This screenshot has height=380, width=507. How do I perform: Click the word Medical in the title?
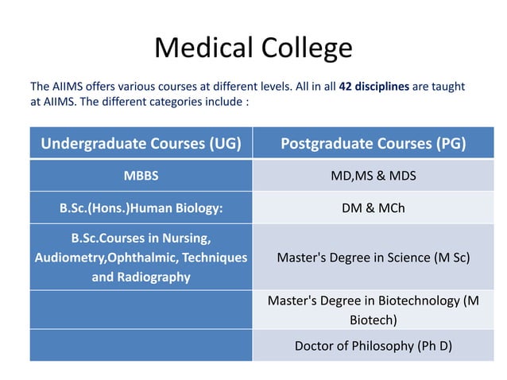(x=201, y=48)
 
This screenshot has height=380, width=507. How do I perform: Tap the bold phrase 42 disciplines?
(x=374, y=86)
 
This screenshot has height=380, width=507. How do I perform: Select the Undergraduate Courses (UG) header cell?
(x=141, y=144)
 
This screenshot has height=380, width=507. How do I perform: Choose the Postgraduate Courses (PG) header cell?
(x=373, y=144)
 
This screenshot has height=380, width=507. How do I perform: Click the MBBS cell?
(x=141, y=176)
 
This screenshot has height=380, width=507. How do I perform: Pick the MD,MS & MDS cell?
(x=373, y=176)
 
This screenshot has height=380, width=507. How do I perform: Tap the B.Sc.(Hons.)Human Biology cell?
(x=141, y=207)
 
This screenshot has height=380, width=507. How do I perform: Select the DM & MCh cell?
(x=373, y=207)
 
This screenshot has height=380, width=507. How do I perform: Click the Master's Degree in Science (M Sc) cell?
(x=373, y=258)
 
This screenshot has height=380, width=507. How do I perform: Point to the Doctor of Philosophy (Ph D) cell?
(x=373, y=346)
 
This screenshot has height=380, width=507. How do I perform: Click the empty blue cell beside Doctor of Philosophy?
(x=141, y=346)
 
